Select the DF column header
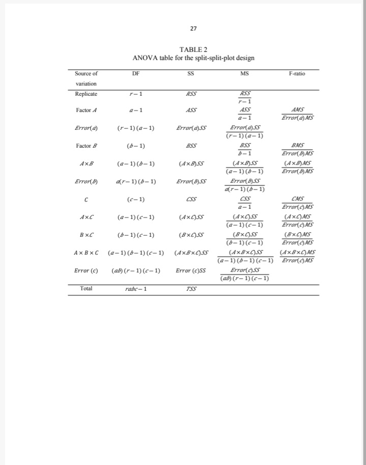tap(135, 74)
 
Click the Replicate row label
tap(86, 94)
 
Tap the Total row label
tap(86, 288)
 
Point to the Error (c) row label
tap(83, 270)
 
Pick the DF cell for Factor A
tap(135, 110)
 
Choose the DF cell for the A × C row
tap(135, 217)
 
